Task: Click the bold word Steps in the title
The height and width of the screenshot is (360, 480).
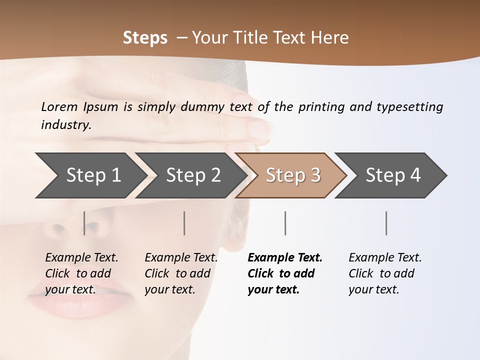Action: tap(145, 38)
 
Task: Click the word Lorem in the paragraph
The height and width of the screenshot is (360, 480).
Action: tap(59, 106)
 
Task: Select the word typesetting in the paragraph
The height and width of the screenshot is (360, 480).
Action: tap(409, 106)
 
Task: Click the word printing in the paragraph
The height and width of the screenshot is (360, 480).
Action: tap(320, 106)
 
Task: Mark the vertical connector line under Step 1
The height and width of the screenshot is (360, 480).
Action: tap(84, 223)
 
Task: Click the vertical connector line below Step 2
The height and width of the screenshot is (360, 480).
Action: tap(184, 223)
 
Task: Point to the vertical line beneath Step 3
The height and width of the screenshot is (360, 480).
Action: tap(285, 223)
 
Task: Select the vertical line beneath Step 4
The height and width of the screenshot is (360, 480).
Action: tap(386, 223)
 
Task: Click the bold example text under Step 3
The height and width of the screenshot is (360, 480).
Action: tap(285, 273)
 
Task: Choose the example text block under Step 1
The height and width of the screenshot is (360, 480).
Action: tap(81, 273)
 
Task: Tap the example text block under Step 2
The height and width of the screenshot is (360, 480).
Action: tap(181, 273)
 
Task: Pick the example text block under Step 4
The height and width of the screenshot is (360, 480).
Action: tap(385, 273)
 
